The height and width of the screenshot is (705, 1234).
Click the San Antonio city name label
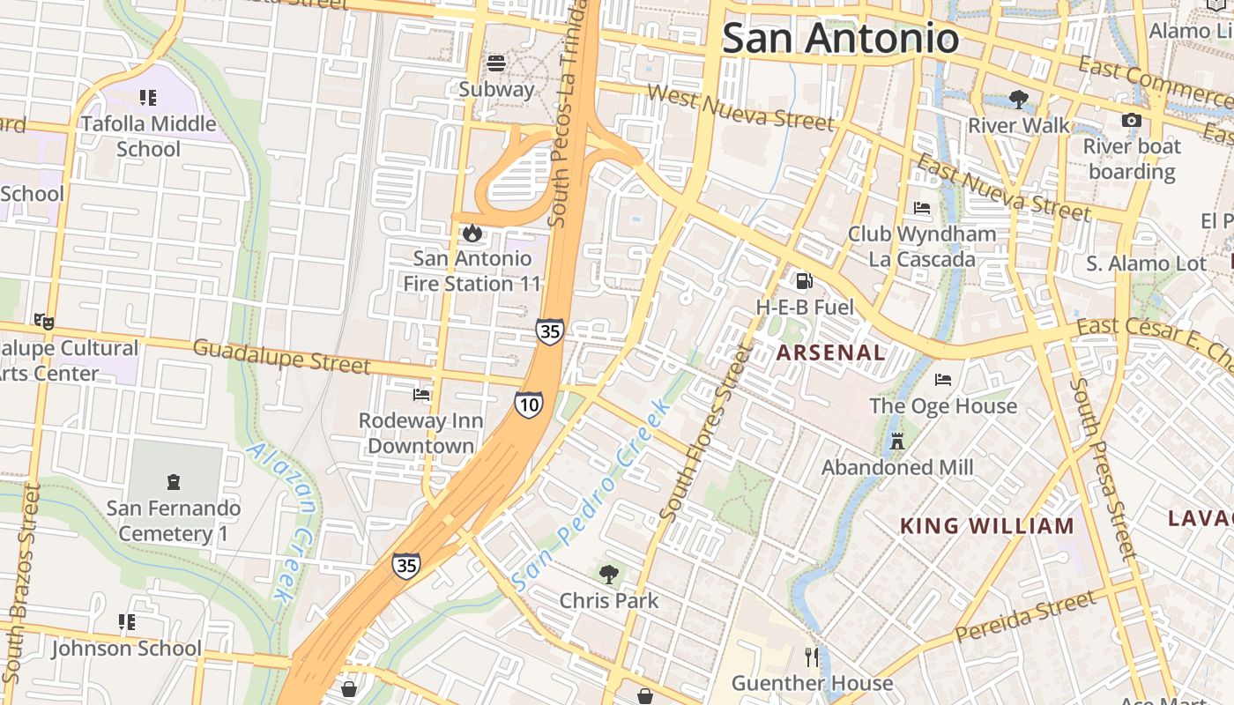tap(840, 38)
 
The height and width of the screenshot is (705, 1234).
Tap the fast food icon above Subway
tap(496, 63)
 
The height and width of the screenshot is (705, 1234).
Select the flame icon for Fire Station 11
tap(472, 233)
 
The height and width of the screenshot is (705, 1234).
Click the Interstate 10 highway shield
tap(529, 404)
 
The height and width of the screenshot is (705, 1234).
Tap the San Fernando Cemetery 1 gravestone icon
tap(174, 482)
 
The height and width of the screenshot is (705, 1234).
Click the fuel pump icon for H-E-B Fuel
tap(804, 281)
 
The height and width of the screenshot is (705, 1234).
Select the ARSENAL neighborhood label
tap(830, 353)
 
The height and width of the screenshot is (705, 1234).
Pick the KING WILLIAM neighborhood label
tap(986, 527)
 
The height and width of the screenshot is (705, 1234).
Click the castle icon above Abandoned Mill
tap(897, 442)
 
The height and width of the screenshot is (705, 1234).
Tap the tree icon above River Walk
tap(1019, 99)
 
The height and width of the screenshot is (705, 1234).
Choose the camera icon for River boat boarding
tap(1132, 120)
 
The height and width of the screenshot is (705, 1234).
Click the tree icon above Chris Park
tap(608, 575)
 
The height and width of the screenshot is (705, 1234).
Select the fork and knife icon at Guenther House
tap(812, 657)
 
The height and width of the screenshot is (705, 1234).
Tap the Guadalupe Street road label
tap(281, 355)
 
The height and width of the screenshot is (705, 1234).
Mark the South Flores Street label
tap(706, 432)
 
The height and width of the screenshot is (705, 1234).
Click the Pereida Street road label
tap(1026, 616)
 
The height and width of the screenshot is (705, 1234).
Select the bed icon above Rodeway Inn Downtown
tap(421, 395)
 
